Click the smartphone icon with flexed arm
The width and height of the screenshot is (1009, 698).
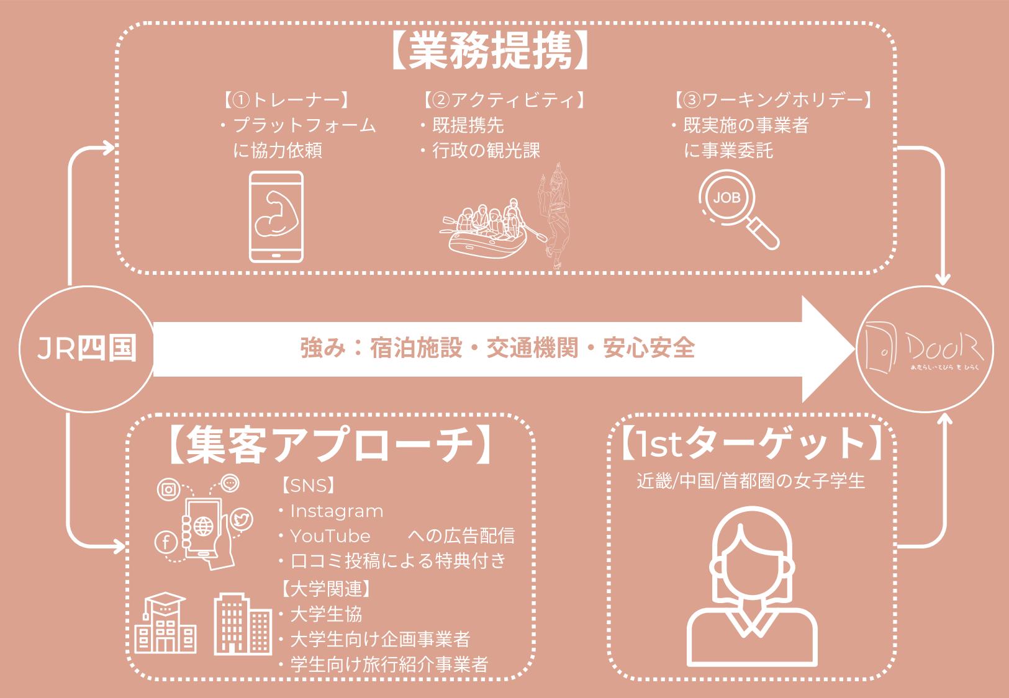(x=276, y=217)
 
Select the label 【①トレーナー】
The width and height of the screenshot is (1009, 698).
(x=286, y=100)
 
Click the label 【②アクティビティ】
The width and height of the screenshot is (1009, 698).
(x=503, y=100)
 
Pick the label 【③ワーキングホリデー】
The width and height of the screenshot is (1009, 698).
(x=774, y=100)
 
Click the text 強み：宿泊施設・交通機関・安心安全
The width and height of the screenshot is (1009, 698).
(x=497, y=348)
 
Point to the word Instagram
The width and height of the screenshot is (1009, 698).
(x=337, y=511)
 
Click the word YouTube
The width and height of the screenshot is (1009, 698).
(x=330, y=536)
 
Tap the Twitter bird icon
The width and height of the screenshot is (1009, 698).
(x=241, y=520)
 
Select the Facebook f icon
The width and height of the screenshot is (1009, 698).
(x=166, y=544)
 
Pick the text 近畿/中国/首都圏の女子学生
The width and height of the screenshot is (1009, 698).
(x=751, y=481)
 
